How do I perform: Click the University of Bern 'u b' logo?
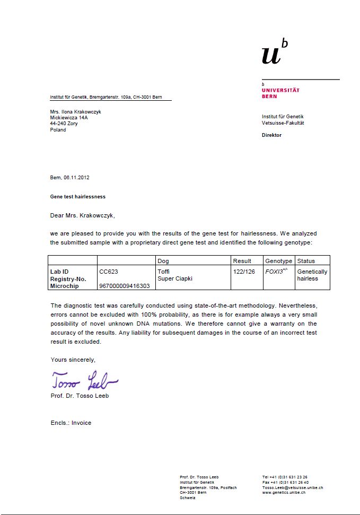point(274,52)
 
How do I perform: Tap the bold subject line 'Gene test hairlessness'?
point(77,197)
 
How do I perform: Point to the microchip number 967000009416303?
point(124,286)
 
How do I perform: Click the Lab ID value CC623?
point(109,272)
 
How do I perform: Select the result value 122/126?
point(244,272)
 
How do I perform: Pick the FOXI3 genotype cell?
point(276,272)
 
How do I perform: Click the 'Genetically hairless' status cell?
point(312,275)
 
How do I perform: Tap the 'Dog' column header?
point(163,261)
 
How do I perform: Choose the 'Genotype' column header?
point(278,261)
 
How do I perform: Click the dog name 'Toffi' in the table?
point(164,272)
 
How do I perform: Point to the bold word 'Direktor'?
point(271,135)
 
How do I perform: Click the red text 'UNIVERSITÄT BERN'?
point(280,93)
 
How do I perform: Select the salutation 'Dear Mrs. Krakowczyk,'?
point(82,215)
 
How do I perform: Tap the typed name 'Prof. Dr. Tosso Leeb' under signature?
point(80,396)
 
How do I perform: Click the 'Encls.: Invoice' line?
point(71,423)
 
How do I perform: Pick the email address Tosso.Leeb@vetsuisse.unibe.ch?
point(292,487)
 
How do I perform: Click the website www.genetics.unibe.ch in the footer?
point(283,492)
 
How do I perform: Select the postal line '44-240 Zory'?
point(64,124)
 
